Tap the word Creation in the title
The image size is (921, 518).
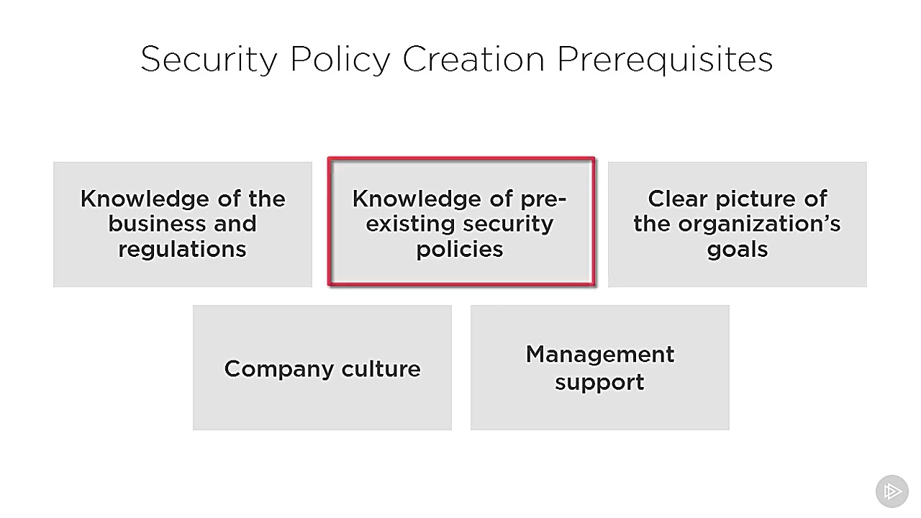[473, 59]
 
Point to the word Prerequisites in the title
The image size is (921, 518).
[665, 59]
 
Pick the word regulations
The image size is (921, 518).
[182, 249]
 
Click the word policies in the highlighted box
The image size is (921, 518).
[460, 249]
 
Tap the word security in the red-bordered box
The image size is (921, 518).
[508, 224]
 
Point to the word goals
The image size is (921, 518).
[738, 250]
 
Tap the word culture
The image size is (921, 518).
[381, 369]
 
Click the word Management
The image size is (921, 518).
[600, 355]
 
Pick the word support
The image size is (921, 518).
[599, 381]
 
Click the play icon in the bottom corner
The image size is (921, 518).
[891, 491]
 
